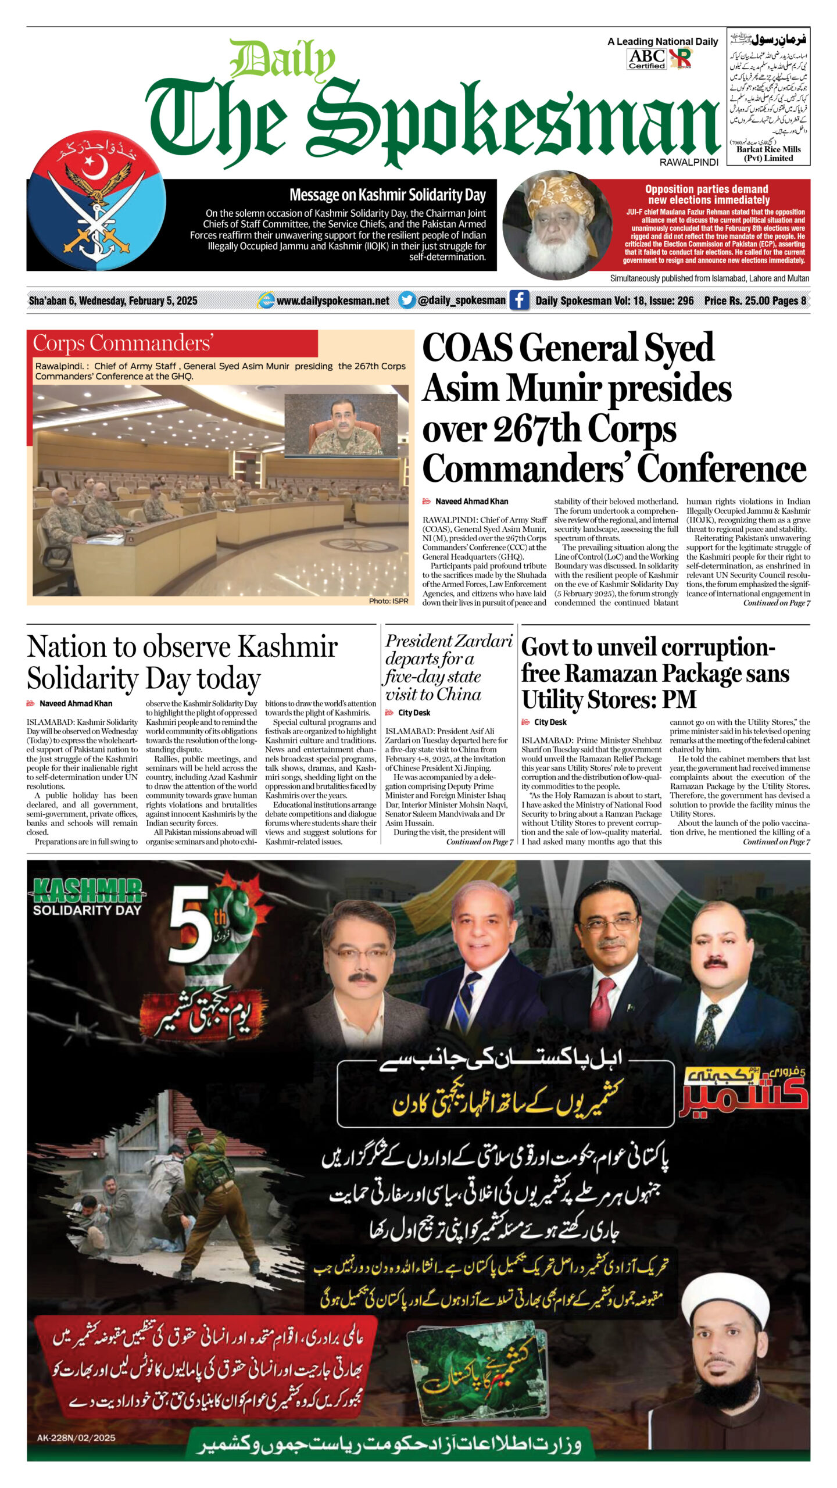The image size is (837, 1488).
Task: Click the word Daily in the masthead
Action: pos(282,60)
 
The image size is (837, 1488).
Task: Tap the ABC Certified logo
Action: pos(646,59)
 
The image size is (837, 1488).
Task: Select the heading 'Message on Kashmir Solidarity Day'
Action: pos(387,195)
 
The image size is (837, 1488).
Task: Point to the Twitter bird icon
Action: pos(407,300)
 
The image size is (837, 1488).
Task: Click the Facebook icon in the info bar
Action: pos(519,300)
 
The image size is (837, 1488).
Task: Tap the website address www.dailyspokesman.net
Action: pos(332,301)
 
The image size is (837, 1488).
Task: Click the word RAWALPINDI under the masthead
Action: pos(689,162)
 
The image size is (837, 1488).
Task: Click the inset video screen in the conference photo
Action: pos(341,425)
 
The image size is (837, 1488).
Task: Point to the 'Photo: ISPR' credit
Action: pos(388,600)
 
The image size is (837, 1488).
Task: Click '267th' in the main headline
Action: pos(536,429)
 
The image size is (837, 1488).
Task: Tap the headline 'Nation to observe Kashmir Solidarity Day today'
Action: pos(182,662)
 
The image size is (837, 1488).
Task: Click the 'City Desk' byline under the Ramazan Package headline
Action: pos(550,722)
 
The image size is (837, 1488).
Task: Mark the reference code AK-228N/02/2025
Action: pos(76,1437)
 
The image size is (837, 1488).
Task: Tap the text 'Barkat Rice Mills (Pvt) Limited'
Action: pos(768,153)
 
